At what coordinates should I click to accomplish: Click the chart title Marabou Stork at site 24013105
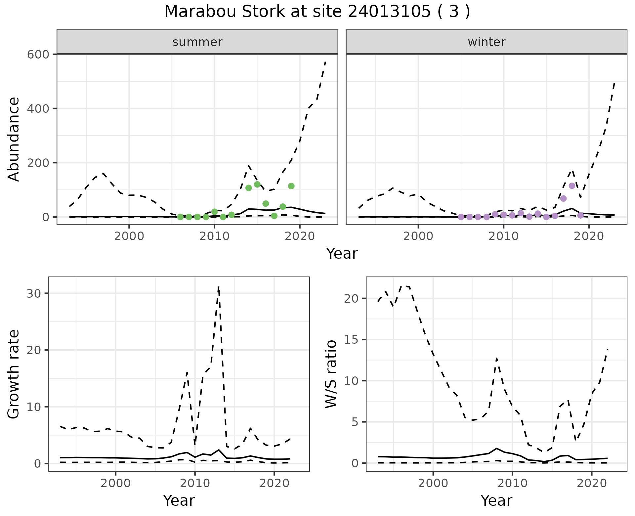[317, 12]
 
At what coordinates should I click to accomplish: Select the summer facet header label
[197, 42]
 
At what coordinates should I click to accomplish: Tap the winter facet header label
[487, 42]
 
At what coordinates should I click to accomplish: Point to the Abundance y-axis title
[14, 139]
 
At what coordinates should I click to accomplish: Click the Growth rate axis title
[14, 374]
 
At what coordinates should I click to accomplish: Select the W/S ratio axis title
[331, 374]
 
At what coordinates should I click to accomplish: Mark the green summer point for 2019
[291, 186]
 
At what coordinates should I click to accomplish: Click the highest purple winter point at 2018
[572, 186]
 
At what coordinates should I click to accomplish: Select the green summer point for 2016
[266, 204]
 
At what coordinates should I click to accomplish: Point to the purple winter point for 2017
[564, 198]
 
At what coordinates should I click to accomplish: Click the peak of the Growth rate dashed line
[219, 287]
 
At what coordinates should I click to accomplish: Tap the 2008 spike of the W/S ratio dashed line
[496, 358]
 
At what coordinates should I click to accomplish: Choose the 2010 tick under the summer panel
[214, 236]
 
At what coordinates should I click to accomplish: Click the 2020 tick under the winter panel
[589, 236]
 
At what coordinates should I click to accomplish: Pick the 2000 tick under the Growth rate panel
[115, 483]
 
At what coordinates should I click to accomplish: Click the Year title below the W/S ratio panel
[496, 500]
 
